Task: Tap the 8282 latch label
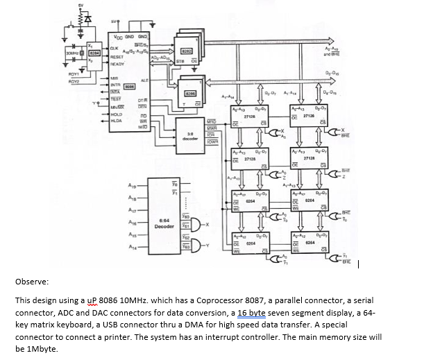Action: point(187,51)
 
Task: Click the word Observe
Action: point(31,282)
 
